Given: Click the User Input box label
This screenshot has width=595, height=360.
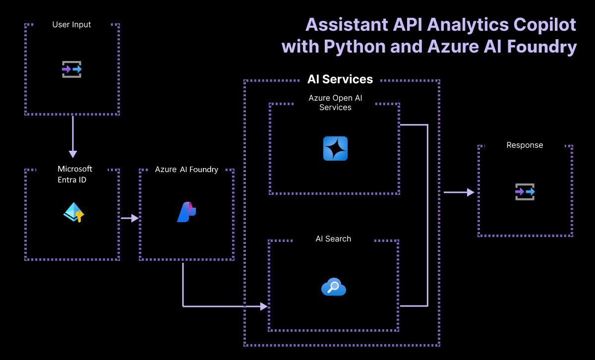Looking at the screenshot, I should point(72,24).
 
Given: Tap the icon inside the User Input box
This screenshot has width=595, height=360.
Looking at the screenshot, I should point(72,69).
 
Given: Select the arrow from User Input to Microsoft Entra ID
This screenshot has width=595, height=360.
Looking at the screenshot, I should point(73,136).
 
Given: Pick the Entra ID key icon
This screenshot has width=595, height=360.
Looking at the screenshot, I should point(74,212).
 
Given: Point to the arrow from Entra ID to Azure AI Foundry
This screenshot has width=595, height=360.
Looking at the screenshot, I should point(129,218).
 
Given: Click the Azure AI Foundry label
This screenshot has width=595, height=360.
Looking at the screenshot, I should point(186,170).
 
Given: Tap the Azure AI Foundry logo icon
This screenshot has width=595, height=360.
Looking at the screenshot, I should point(186,212).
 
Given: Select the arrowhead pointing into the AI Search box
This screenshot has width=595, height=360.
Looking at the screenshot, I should point(264,306).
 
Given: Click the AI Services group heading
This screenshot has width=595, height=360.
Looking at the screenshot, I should point(340,79).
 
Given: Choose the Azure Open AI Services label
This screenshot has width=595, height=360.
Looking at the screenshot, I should point(335,103).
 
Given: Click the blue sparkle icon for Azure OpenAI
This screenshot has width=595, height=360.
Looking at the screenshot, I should point(335,149).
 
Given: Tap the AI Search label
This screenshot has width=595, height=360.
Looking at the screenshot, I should point(333,239).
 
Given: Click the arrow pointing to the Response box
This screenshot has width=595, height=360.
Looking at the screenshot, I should point(459,192).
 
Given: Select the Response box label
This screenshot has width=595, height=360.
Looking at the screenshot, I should point(525,145).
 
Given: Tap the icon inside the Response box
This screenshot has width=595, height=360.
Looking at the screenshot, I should point(525,191).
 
